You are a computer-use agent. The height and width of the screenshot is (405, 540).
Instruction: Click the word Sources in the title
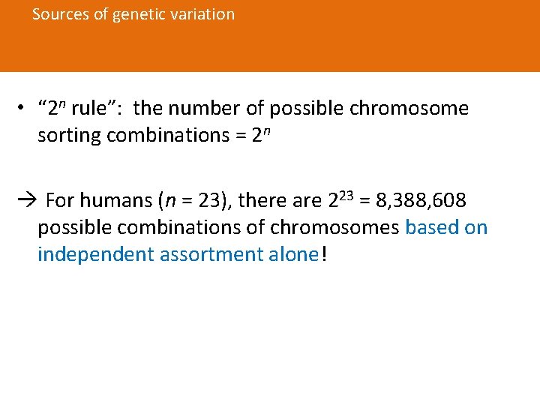(61, 14)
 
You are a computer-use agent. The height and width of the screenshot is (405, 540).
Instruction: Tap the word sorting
(70, 136)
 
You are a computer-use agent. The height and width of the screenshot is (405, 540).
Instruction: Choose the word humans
(115, 201)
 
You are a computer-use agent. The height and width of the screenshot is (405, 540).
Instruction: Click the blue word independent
(96, 255)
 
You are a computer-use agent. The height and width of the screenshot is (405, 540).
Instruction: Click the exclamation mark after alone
(324, 255)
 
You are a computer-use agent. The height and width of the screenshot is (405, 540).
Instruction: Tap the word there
(262, 201)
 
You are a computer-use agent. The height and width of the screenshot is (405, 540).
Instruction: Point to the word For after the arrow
(60, 201)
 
